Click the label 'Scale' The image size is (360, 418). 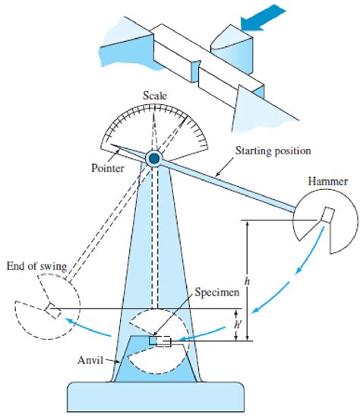click(154, 96)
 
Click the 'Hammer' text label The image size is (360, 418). click(327, 182)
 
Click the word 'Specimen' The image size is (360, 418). click(216, 292)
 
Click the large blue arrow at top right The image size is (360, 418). click(265, 18)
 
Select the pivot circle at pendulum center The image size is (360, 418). click(154, 158)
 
